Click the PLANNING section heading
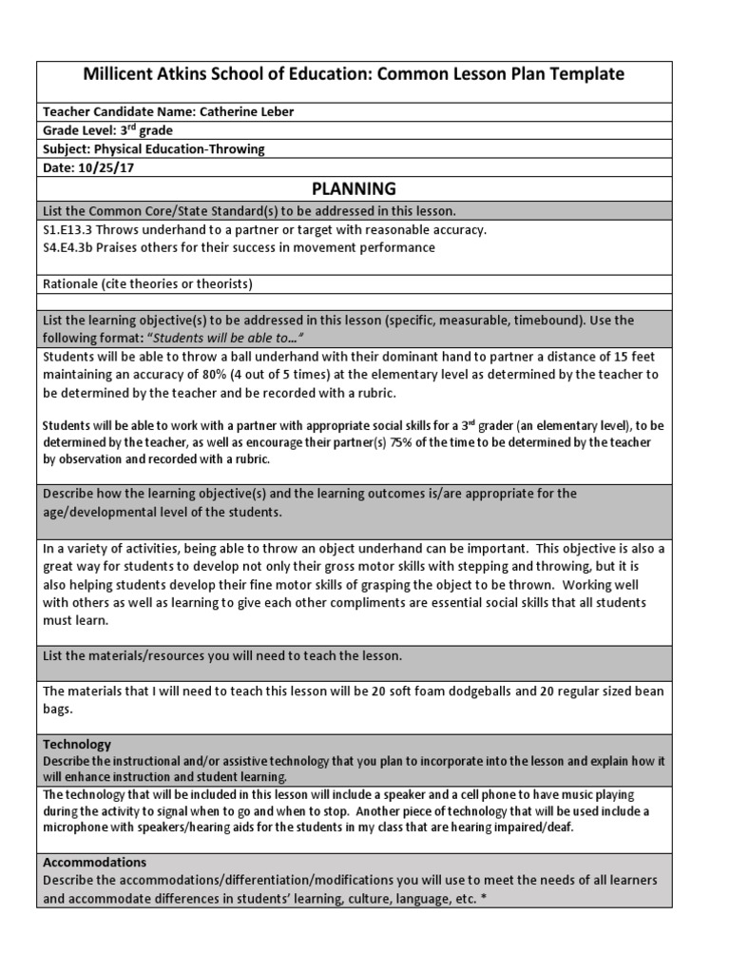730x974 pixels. [x=357, y=188]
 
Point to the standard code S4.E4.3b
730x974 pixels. [x=70, y=247]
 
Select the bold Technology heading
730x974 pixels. [x=77, y=744]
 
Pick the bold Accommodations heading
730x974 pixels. [x=94, y=862]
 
